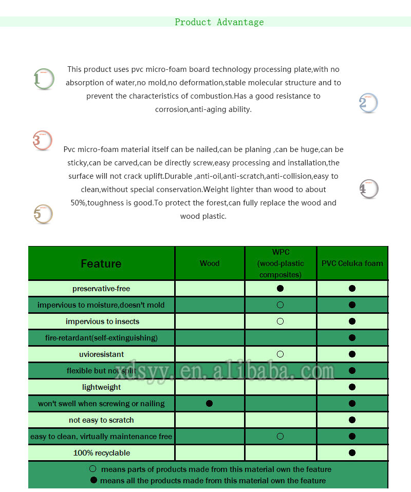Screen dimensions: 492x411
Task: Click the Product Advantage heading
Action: pos(219,22)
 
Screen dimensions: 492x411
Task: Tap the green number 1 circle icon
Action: pos(44,79)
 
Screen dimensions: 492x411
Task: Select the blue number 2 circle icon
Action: pos(368,103)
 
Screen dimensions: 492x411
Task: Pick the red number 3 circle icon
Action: pos(42,140)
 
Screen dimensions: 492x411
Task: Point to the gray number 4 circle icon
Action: pos(368,189)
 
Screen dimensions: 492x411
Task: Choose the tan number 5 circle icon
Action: pos(43,214)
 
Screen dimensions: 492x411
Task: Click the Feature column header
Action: pos(101,263)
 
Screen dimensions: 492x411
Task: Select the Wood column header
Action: pos(210,263)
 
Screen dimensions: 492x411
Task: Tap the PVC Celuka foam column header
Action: pos(352,263)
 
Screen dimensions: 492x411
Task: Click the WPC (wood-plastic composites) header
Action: pos(281,263)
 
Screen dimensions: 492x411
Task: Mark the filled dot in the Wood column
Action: pos(209,404)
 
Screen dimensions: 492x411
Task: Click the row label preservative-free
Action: pos(101,289)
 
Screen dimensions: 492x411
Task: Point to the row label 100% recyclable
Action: pos(101,453)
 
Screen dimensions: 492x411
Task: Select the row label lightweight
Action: pos(101,387)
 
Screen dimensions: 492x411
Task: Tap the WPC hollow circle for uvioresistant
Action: pos(280,354)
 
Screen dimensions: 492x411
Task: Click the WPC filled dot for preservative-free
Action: pos(280,289)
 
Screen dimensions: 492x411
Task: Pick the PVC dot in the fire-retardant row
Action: pos(352,338)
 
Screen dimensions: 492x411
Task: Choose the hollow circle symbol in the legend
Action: pos(93,469)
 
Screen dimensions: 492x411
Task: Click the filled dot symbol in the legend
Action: pos(94,480)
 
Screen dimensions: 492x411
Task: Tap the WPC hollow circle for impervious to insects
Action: pos(280,321)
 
